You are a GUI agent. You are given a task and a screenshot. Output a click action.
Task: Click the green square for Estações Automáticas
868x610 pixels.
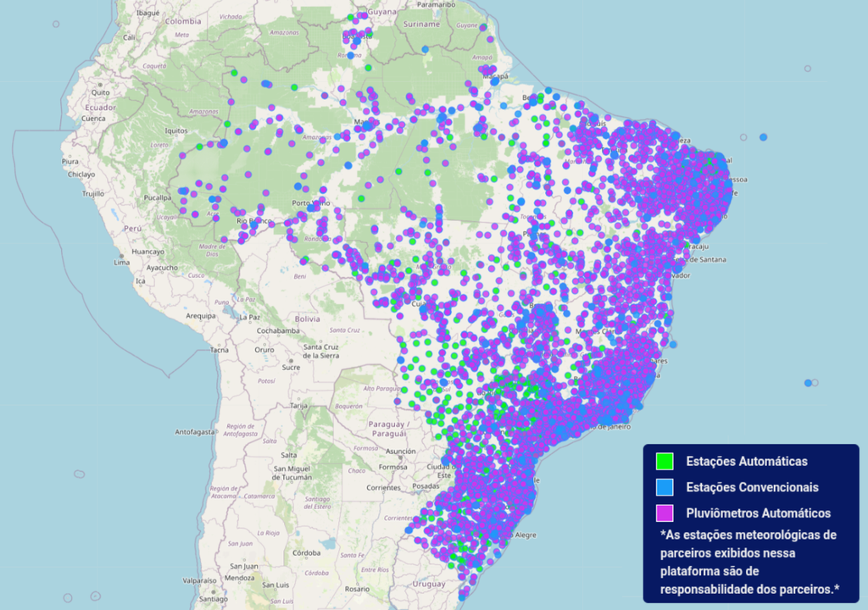tap(665, 462)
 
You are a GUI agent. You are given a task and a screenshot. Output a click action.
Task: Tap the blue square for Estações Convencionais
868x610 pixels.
tap(665, 487)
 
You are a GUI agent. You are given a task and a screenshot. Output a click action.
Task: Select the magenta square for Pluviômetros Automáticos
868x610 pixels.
tap(665, 513)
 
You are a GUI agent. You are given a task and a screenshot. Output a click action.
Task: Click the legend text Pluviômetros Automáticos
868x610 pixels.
tap(758, 513)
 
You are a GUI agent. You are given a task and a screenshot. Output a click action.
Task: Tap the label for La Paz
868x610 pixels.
tap(249, 317)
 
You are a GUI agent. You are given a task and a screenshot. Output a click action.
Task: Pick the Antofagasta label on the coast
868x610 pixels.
tap(197, 432)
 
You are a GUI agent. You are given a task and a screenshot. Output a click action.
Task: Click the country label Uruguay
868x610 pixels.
tap(430, 584)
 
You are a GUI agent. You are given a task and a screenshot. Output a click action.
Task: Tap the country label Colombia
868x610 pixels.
tap(183, 20)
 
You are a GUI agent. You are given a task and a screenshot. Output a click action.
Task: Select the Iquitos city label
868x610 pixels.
tap(175, 130)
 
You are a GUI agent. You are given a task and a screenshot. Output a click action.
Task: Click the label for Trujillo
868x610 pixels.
tap(92, 193)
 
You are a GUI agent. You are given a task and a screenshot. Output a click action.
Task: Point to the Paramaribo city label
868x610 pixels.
tap(437, 4)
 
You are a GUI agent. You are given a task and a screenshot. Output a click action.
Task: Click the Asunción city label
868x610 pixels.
tap(401, 452)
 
